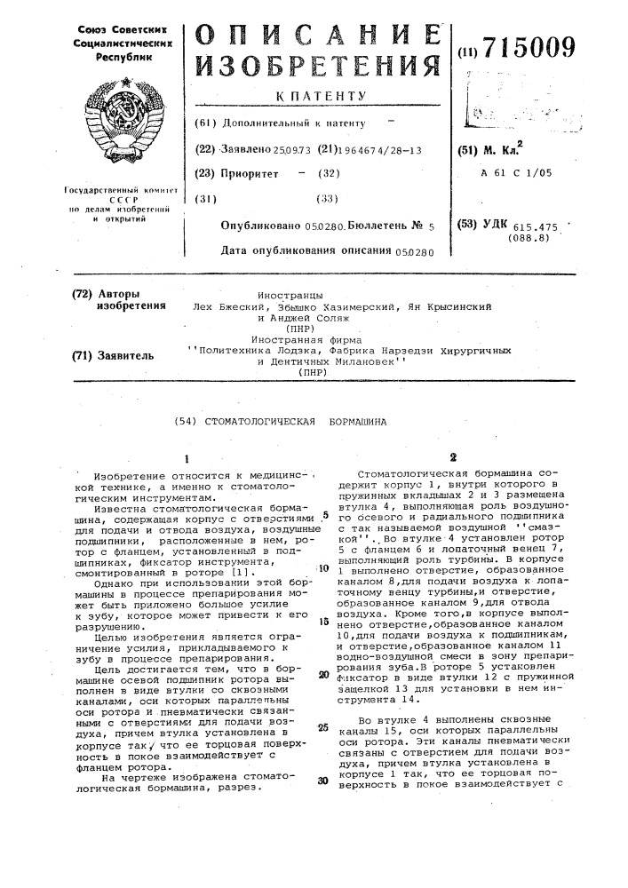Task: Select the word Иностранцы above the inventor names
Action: coord(289,294)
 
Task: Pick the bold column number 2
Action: coord(453,457)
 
